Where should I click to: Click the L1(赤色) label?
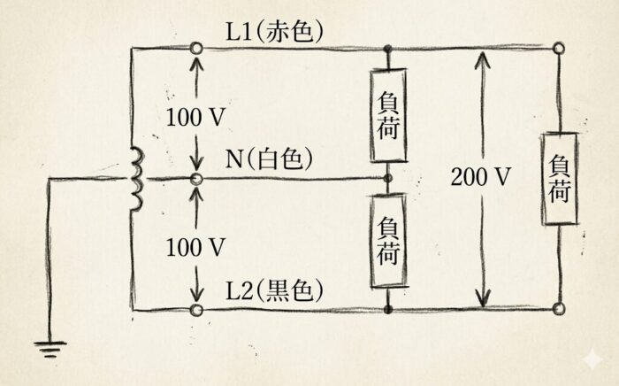275,32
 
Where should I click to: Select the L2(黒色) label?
274,290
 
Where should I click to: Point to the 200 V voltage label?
481,177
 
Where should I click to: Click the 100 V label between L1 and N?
196,115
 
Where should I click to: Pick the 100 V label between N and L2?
196,246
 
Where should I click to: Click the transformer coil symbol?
136,180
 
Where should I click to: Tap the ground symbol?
52,349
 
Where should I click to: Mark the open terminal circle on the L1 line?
196,49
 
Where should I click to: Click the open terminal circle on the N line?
196,179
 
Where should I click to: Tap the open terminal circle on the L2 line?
196,309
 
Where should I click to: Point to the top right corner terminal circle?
560,50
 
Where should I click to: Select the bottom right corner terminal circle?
560,309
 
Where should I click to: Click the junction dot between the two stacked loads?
389,177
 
